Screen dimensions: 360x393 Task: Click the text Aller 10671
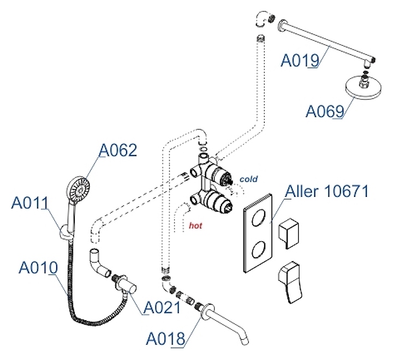click(327, 192)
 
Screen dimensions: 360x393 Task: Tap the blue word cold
click(248, 179)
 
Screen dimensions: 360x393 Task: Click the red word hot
click(195, 224)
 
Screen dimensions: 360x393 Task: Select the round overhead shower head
click(362, 90)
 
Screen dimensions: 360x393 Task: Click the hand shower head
click(78, 188)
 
